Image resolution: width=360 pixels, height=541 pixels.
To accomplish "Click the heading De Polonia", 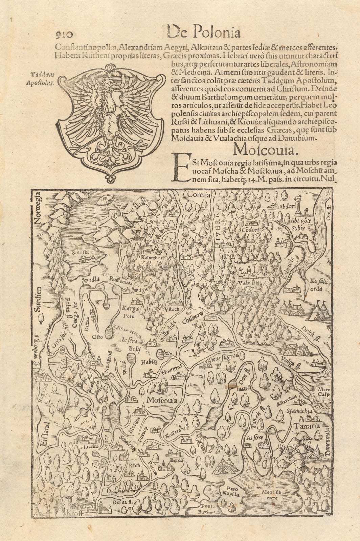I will (204, 33).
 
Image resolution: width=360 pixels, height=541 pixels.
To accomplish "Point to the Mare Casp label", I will (323, 392).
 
